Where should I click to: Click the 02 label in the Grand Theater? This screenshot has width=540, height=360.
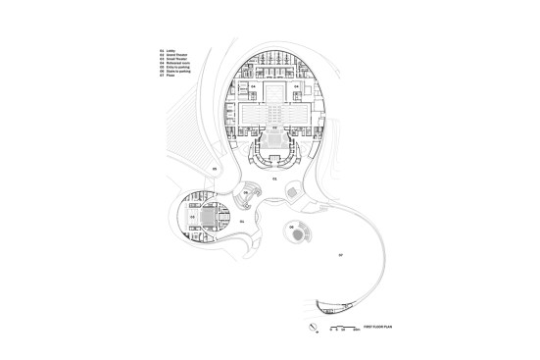pyautogui.click(x=274, y=128)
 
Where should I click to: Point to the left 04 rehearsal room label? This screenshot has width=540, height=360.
pyautogui.click(x=253, y=87)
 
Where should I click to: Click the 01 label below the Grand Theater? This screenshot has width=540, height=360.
pyautogui.click(x=274, y=180)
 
